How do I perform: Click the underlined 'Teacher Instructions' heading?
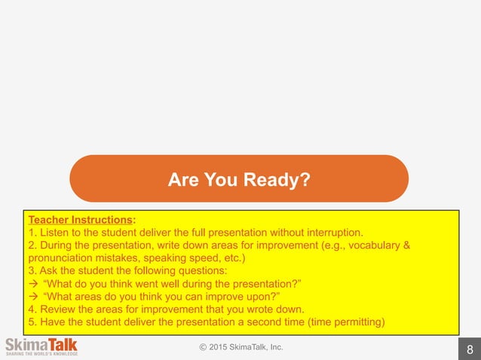tap(80, 220)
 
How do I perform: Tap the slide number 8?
tap(470, 349)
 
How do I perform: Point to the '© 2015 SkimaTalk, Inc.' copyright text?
tap(240, 346)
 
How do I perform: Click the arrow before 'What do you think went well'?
tap(34, 284)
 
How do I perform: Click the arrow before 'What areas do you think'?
tap(34, 297)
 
